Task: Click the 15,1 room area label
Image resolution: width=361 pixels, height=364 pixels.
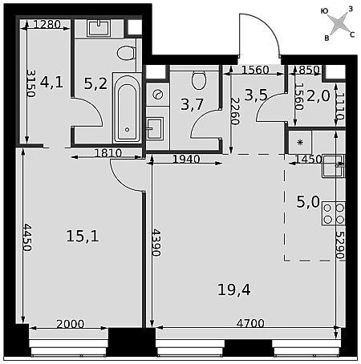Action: click(83, 237)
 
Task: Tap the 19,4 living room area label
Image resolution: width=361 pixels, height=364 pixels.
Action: click(234, 290)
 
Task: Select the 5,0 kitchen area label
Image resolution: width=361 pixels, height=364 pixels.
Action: click(308, 202)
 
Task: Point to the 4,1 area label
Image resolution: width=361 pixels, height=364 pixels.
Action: click(51, 82)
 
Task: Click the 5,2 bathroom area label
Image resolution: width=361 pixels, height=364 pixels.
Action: click(95, 83)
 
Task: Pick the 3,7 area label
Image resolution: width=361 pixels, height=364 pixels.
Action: click(193, 104)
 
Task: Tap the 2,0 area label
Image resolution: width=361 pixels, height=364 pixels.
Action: click(318, 96)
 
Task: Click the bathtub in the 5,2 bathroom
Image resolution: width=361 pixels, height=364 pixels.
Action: click(127, 107)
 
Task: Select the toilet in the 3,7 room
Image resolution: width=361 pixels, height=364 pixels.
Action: click(199, 79)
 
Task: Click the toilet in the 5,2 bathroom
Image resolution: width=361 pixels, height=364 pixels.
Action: click(126, 53)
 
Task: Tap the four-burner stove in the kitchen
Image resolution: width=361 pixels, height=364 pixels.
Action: click(334, 213)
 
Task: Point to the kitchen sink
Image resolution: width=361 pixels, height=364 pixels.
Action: click(334, 166)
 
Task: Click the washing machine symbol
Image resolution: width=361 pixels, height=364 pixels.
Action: click(157, 95)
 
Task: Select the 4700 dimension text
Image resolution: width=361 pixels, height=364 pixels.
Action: click(250, 323)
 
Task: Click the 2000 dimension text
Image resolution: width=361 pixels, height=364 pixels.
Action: click(71, 324)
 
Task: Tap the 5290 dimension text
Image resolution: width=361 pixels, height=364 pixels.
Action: click(340, 245)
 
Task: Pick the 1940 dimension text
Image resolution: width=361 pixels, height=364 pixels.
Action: click(186, 160)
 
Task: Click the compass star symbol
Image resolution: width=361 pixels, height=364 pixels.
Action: click(339, 23)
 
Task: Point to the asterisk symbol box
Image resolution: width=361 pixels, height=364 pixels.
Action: click(300, 142)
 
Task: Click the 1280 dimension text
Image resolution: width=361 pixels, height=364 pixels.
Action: click(47, 25)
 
